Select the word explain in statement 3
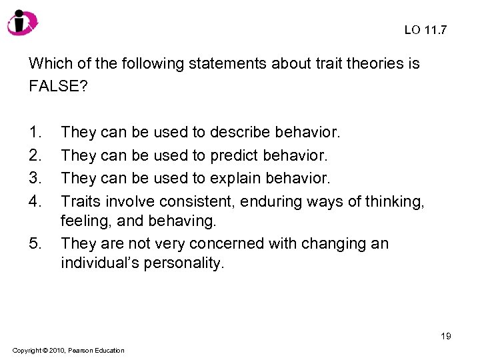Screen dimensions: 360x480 pos(234,178)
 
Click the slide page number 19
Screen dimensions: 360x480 pos(445,336)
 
